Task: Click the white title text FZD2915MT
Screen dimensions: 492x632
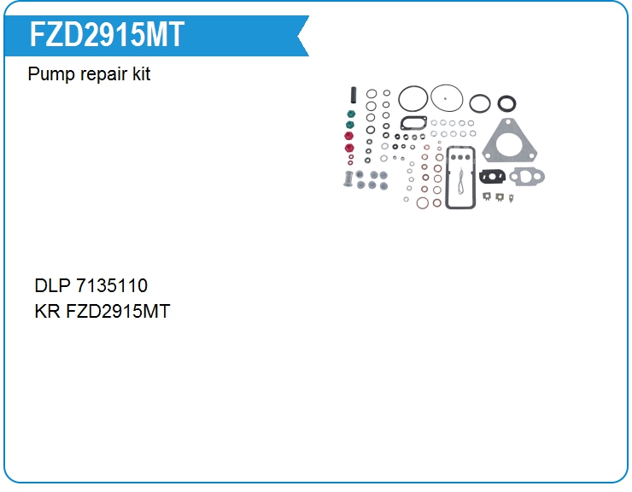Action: point(107,35)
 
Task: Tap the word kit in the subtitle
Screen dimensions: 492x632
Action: point(141,74)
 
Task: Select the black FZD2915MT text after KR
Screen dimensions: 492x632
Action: point(118,311)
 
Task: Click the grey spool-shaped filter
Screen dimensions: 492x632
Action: point(348,179)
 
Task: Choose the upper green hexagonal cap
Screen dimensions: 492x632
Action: point(349,113)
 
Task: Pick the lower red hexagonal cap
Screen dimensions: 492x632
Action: point(348,148)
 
